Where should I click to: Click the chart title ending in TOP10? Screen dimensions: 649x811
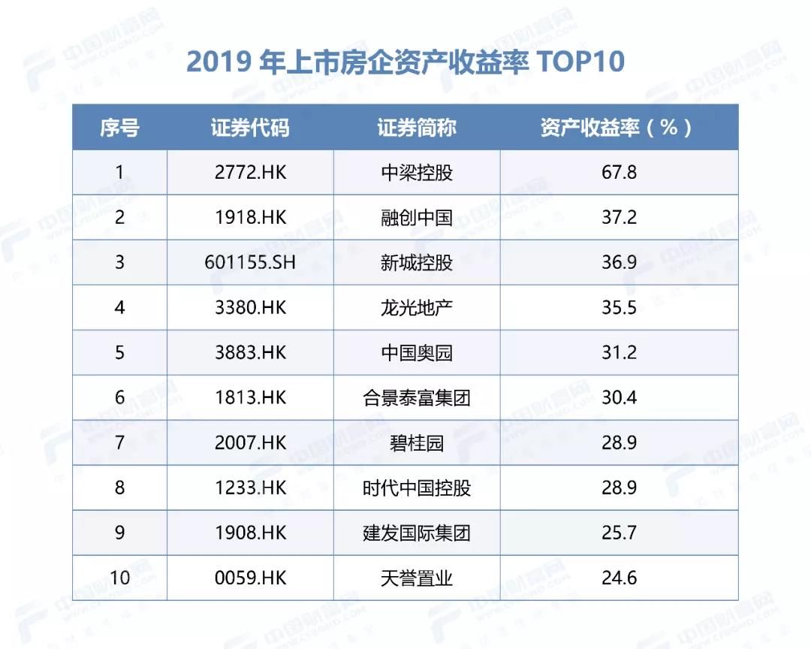pos(405,62)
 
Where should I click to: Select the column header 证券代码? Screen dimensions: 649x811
pos(250,127)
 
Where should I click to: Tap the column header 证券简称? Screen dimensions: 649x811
pos(417,127)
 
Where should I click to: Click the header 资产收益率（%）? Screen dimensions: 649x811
pos(619,127)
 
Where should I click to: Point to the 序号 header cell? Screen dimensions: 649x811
pos(119,127)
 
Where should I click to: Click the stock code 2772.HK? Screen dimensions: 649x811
pos(250,172)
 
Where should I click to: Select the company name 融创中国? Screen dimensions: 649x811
pos(417,217)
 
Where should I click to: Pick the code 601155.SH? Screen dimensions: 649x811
pos(250,262)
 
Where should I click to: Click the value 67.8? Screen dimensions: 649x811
pos(619,172)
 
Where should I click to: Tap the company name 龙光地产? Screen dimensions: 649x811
pos(417,307)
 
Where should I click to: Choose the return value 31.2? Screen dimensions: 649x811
pos(619,352)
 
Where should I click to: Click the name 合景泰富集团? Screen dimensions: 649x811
pos(417,397)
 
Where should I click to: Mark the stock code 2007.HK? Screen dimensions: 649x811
pos(250,442)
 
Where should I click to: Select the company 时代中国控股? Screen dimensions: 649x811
pos(417,488)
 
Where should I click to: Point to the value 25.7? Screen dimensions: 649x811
pos(619,533)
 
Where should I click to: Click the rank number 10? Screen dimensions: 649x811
pos(119,578)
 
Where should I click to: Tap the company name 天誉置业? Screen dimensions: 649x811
pos(417,578)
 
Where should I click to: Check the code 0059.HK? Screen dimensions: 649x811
pos(250,578)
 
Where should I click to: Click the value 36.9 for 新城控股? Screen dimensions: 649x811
pos(619,262)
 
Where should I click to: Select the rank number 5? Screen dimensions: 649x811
pos(119,352)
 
